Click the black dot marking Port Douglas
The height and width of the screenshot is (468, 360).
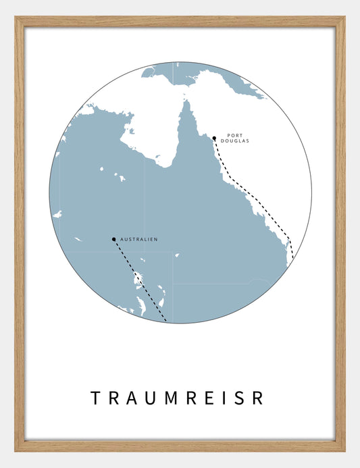pyautogui.click(x=214, y=138)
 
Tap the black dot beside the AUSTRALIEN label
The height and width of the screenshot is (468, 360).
pyautogui.click(x=113, y=239)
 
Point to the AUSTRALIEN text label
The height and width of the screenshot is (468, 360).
pyautogui.click(x=138, y=240)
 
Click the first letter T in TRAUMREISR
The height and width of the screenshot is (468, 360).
pyautogui.click(x=95, y=398)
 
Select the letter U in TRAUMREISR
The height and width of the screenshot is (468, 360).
pyautogui.click(x=151, y=398)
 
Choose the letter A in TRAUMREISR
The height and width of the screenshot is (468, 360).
pyautogui.click(x=132, y=398)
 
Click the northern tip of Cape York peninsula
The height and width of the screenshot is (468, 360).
pyautogui.click(x=183, y=102)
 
